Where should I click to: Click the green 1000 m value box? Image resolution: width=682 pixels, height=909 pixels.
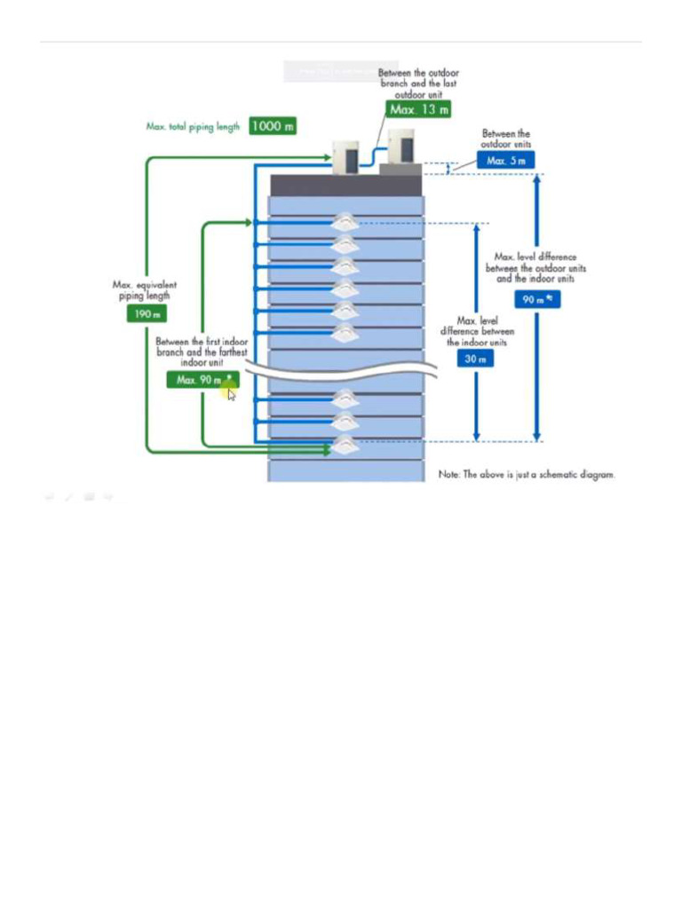point(273,126)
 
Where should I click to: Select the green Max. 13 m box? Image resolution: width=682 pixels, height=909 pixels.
point(418,109)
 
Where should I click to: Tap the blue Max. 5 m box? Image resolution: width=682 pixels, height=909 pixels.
point(505,161)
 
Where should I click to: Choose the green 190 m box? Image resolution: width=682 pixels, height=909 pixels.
point(146,313)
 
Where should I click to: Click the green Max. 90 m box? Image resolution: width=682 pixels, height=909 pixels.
point(202,380)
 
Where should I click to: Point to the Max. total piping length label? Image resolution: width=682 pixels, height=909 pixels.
point(193,127)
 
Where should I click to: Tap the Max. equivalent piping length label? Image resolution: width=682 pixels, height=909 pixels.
point(144,290)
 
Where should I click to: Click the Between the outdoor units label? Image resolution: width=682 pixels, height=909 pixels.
point(505,138)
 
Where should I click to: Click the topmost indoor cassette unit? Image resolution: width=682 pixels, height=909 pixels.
point(345,223)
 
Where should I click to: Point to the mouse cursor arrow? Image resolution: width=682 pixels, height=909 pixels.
point(231,394)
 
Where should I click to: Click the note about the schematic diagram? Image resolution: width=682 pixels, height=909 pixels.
point(527,475)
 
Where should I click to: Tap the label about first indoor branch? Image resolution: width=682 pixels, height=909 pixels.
point(202,352)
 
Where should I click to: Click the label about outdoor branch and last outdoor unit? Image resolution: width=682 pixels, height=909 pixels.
point(418,83)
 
